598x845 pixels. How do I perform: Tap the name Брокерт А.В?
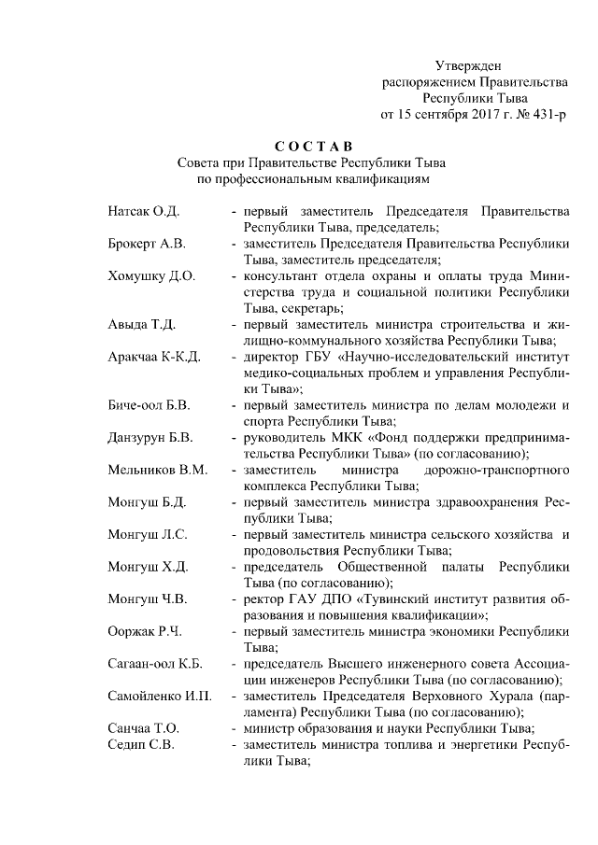[x=147, y=244]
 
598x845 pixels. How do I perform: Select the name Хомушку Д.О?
[x=150, y=276]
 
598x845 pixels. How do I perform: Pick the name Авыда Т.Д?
[x=142, y=325]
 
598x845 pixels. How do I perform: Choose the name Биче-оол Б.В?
[x=149, y=405]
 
